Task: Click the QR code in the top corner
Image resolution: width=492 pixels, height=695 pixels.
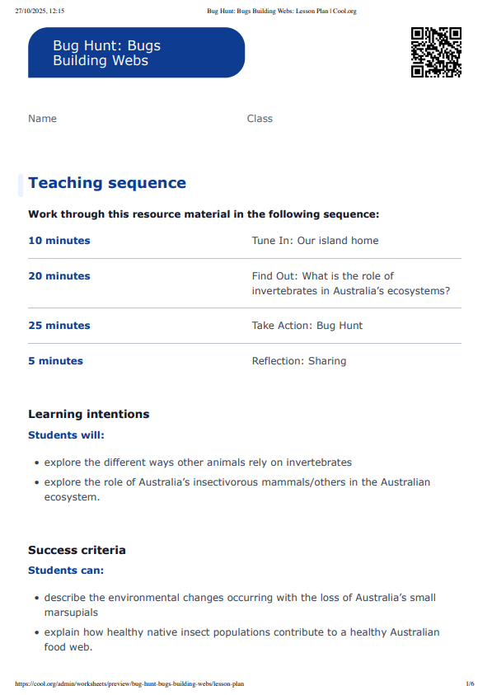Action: click(436, 52)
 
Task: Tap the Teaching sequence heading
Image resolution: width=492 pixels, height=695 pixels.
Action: click(107, 183)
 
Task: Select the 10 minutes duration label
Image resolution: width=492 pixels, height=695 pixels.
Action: click(59, 241)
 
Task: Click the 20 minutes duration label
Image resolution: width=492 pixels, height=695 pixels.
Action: click(59, 276)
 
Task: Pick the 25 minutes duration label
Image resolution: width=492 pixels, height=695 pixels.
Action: click(59, 326)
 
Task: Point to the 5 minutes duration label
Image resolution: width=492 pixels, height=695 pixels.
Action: click(55, 361)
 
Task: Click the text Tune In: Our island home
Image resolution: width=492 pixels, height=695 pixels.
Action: click(315, 241)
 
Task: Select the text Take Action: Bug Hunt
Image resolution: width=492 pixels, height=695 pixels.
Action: click(307, 326)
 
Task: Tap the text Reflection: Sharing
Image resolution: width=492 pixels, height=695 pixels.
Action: click(298, 361)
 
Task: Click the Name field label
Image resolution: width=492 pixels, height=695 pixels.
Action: click(42, 119)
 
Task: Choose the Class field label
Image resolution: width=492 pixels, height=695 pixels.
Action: click(260, 119)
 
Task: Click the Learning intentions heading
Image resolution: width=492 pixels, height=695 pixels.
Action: click(89, 414)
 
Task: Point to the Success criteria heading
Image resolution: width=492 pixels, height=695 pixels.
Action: click(77, 550)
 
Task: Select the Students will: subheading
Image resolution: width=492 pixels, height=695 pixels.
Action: click(67, 435)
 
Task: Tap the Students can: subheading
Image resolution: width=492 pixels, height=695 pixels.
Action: click(66, 571)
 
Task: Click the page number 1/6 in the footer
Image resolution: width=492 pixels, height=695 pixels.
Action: click(470, 683)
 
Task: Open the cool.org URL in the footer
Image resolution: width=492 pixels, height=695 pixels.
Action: click(129, 683)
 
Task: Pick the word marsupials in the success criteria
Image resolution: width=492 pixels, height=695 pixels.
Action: click(73, 613)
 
